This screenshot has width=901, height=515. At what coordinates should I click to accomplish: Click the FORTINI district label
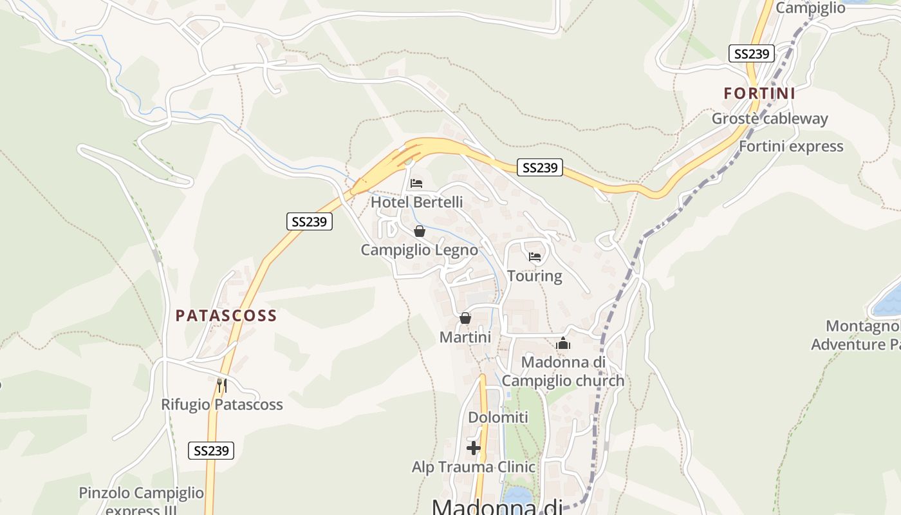(x=759, y=93)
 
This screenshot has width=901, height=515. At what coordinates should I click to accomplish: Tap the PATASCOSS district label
(x=226, y=315)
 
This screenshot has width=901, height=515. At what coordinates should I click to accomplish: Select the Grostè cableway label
(x=770, y=118)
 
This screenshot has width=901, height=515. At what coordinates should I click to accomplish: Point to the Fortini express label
(x=791, y=146)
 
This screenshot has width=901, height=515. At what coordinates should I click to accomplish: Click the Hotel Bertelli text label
(x=416, y=202)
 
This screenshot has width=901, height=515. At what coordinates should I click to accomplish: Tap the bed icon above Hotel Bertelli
(x=416, y=183)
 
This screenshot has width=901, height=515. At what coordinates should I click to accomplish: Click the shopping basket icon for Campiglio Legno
(x=420, y=231)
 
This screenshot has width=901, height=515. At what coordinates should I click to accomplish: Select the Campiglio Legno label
(x=419, y=250)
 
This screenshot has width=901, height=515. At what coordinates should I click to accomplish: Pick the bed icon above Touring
(x=535, y=257)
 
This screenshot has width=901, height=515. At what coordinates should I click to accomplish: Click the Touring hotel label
(x=534, y=276)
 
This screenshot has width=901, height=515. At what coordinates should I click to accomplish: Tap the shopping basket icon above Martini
(x=465, y=318)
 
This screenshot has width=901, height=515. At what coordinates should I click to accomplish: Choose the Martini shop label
(x=465, y=337)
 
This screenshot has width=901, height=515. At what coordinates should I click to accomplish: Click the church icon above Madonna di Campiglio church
(x=563, y=343)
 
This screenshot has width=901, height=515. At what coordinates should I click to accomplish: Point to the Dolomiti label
(x=498, y=417)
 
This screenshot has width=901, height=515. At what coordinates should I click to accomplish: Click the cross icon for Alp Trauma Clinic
(x=474, y=448)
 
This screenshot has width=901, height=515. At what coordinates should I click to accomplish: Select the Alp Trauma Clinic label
(x=474, y=467)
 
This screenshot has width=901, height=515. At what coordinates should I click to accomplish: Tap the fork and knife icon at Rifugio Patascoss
(x=221, y=385)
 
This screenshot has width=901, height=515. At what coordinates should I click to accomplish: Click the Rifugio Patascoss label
(x=221, y=404)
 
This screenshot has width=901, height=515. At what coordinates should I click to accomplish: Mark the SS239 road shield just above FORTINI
(x=751, y=53)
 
